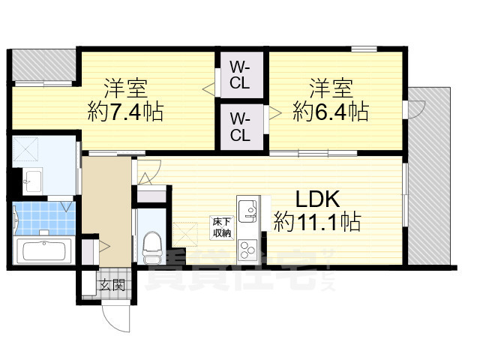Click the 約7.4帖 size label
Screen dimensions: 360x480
click(125, 112)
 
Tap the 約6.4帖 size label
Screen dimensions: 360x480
click(330, 112)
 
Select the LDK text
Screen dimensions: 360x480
click(317, 199)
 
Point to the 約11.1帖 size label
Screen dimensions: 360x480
click(317, 222)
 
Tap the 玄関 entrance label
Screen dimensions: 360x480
click(112, 285)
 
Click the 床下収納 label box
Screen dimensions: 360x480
click(220, 226)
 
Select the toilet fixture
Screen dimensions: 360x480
click(151, 244)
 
